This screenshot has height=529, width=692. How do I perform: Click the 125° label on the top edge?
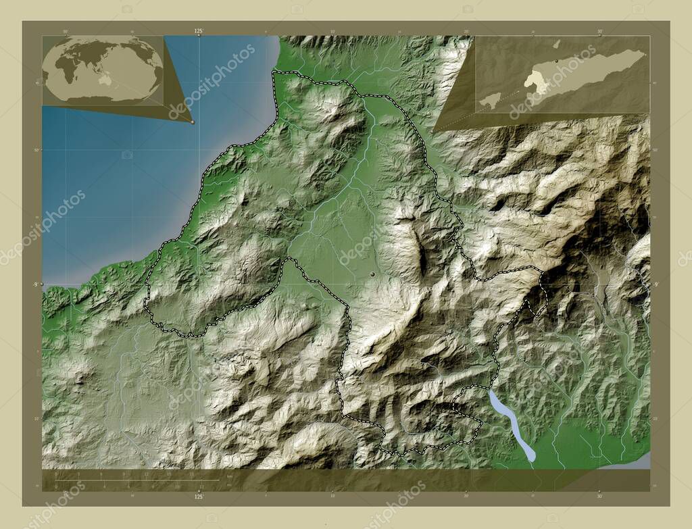(199, 31)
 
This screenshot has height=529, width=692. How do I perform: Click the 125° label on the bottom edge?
(199, 497)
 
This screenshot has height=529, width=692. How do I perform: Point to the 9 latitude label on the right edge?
(656, 284)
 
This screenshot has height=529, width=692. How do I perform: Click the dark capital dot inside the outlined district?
(372, 274)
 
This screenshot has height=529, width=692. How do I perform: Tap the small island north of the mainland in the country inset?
(556, 45)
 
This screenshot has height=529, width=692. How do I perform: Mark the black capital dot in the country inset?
(556, 61)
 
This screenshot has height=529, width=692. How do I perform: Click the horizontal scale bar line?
(135, 480)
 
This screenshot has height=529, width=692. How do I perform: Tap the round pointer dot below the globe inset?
(193, 122)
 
